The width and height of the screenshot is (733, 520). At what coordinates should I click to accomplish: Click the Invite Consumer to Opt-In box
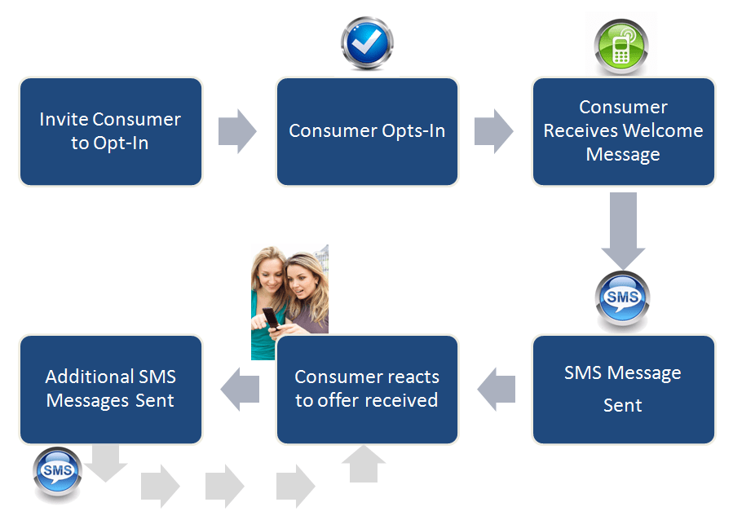[110, 131]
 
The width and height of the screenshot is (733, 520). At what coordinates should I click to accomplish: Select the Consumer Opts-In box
[367, 131]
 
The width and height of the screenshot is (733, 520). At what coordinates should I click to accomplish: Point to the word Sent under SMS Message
[623, 405]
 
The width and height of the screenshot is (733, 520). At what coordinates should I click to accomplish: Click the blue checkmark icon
[367, 43]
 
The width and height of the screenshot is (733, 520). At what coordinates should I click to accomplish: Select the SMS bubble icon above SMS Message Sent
[623, 297]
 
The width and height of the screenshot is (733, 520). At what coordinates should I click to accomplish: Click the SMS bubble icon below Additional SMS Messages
[57, 473]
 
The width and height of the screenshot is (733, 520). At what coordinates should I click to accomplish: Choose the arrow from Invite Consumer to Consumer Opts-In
[237, 130]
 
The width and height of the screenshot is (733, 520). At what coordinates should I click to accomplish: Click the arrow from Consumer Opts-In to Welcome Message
[494, 130]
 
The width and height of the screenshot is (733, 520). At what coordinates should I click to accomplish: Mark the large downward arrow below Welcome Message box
[624, 231]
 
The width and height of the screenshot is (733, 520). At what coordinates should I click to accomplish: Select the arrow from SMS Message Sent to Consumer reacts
[496, 389]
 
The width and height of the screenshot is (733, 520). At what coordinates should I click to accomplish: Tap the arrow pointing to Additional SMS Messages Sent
[240, 389]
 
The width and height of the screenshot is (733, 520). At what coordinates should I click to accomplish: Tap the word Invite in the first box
[63, 119]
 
